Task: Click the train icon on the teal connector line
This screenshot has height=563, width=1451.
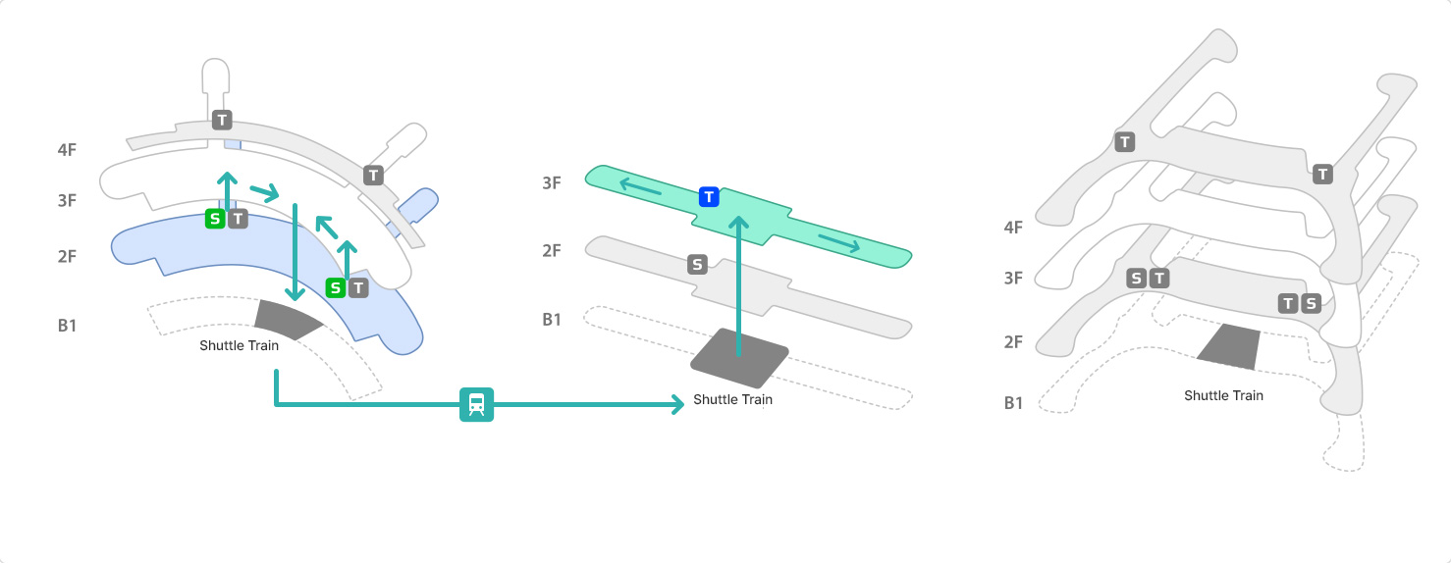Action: coord(476,404)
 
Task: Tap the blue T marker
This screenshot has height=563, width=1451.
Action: coord(709,197)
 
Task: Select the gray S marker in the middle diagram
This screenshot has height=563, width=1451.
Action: coord(697,264)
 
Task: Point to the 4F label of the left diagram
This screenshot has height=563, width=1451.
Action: coord(67,150)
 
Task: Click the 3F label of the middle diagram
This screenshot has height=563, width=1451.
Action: coord(552,183)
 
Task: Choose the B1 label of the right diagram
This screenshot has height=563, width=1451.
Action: coord(1014,402)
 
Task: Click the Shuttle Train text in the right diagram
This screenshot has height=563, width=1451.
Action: coord(1223,395)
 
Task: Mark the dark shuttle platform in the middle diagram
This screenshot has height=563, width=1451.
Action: coord(739,357)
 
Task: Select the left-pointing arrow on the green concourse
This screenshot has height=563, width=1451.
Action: coord(638,185)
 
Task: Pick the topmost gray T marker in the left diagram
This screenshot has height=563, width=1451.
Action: coord(222,120)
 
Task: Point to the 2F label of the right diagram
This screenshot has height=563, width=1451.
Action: coord(1014,342)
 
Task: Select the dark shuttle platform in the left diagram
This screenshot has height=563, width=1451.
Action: coord(287,318)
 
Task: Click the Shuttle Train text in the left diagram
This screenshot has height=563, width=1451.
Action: coord(239,345)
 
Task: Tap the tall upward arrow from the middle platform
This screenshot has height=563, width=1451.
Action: coord(739,284)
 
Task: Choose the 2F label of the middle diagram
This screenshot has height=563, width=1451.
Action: coord(552,250)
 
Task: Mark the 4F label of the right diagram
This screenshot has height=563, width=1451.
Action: coord(1014,228)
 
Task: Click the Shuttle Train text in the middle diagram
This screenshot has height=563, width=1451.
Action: coord(732,399)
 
